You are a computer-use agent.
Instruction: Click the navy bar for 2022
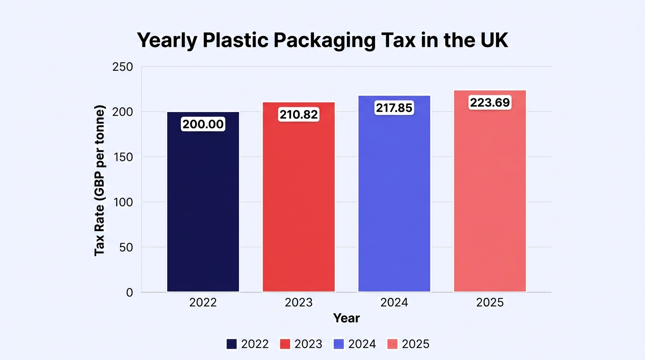[x=203, y=202]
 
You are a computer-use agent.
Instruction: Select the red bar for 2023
[x=299, y=197]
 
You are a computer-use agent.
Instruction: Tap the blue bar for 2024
[x=394, y=194]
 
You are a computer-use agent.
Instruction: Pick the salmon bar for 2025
[x=490, y=191]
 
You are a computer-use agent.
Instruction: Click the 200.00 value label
[x=203, y=124]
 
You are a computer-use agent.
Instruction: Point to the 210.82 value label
[x=299, y=115]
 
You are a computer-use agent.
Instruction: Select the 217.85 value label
[x=394, y=108]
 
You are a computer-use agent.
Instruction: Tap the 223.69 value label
[x=490, y=103]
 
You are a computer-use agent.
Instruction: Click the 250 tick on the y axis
[x=123, y=67]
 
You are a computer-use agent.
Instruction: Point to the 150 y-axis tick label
[x=123, y=157]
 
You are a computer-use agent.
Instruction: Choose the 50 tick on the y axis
[x=126, y=247]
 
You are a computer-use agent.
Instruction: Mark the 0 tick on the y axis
[x=129, y=292]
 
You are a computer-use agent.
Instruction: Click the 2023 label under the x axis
[x=299, y=302]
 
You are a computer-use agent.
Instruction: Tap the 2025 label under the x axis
[x=490, y=302]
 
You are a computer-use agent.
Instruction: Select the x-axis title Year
[x=346, y=318]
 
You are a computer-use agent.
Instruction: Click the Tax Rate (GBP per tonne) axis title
[x=100, y=180]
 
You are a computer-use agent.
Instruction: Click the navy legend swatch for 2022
[x=232, y=344]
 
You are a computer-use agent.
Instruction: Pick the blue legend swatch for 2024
[x=338, y=344]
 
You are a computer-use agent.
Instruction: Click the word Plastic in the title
[x=235, y=40]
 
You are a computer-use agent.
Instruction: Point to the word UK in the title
[x=494, y=40]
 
